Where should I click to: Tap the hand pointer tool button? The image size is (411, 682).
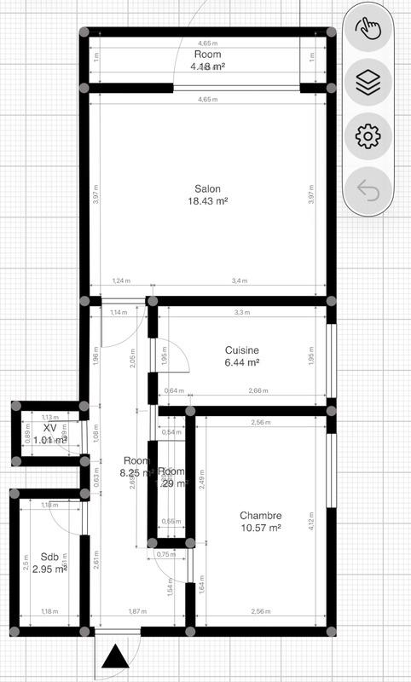click(368, 29)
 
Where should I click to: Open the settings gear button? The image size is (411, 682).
click(368, 136)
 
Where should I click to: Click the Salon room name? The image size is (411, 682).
click(208, 188)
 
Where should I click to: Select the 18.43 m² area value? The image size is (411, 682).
click(208, 201)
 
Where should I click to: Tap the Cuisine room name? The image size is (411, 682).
click(242, 350)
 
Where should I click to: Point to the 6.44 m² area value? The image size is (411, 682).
click(242, 362)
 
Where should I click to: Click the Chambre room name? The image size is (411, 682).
click(260, 516)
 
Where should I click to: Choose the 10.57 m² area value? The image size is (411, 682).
click(260, 529)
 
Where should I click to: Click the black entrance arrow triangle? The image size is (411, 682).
click(114, 657)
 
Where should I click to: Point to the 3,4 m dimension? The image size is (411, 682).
click(240, 280)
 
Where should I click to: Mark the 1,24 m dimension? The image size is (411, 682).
click(121, 280)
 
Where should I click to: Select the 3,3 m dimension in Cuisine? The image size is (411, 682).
click(242, 313)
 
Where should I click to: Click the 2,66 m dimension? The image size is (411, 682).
click(258, 391)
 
